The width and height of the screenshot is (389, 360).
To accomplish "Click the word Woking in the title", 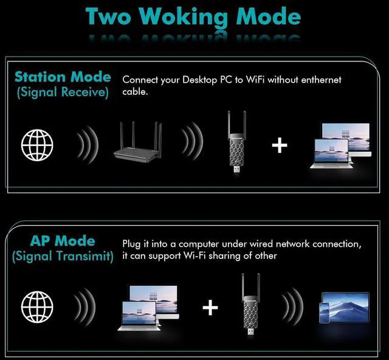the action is (183, 17).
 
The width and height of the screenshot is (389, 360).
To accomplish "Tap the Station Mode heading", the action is (63, 77).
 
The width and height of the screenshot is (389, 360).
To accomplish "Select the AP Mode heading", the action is (63, 241).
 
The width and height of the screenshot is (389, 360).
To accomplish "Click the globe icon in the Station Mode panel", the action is (37, 145).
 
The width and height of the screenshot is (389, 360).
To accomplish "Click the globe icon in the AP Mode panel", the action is (37, 307).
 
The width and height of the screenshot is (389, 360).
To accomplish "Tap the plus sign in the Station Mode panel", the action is (280, 145).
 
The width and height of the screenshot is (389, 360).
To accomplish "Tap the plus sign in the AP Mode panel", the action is (210, 307).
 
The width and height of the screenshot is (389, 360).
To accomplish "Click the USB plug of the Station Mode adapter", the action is (237, 169).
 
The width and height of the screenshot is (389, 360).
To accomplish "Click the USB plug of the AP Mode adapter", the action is (251, 331).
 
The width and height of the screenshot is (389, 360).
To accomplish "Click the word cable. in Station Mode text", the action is (135, 92).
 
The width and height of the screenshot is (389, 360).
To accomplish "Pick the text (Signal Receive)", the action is (63, 92).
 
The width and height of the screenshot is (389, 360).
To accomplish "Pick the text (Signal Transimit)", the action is (63, 256).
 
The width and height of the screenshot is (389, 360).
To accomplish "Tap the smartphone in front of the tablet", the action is (325, 313).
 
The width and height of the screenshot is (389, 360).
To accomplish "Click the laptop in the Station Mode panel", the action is (332, 154).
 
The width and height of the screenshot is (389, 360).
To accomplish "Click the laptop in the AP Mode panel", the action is (139, 316).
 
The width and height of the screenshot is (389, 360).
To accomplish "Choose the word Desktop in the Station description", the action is (200, 80).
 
